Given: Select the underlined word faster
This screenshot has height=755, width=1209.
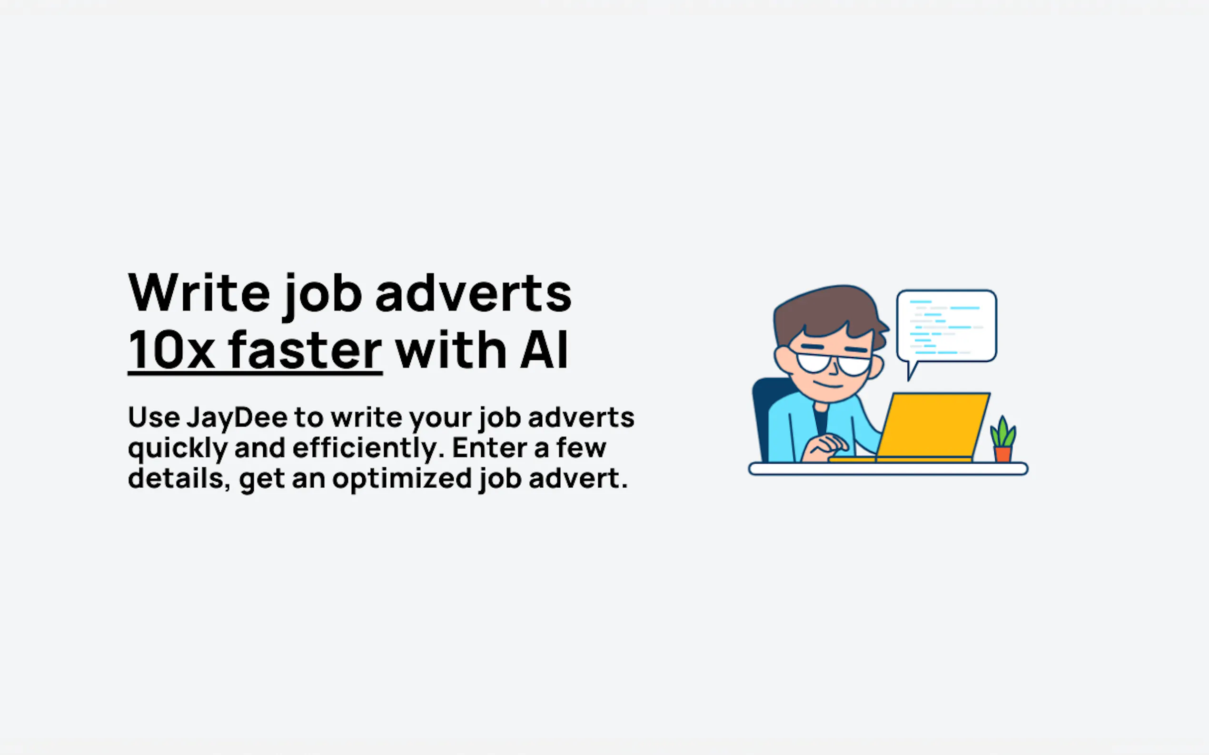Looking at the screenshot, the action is point(305,349).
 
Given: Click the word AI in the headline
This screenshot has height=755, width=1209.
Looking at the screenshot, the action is point(544,349).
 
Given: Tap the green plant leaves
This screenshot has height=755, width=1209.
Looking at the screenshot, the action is point(1003,432).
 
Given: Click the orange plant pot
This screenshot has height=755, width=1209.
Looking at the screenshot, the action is point(1002,455).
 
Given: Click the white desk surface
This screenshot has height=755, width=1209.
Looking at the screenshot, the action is point(888,469).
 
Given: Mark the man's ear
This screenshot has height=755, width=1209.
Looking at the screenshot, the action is point(782,358).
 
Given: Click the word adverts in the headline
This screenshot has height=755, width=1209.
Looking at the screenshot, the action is point(473,294).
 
